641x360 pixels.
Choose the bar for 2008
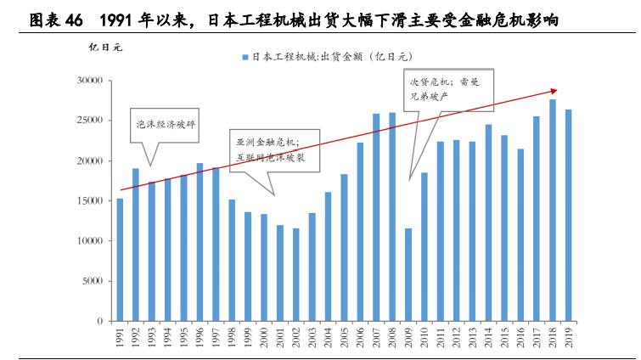pyautogui.click(x=392, y=217)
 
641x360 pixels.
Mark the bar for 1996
pyautogui.click(x=200, y=242)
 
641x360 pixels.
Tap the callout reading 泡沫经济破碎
pyautogui.click(x=166, y=124)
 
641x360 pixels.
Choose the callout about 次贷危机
pyautogui.click(x=445, y=89)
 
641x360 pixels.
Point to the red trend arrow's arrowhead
pyautogui.click(x=554, y=90)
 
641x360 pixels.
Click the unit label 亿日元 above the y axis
pyautogui.click(x=105, y=47)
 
